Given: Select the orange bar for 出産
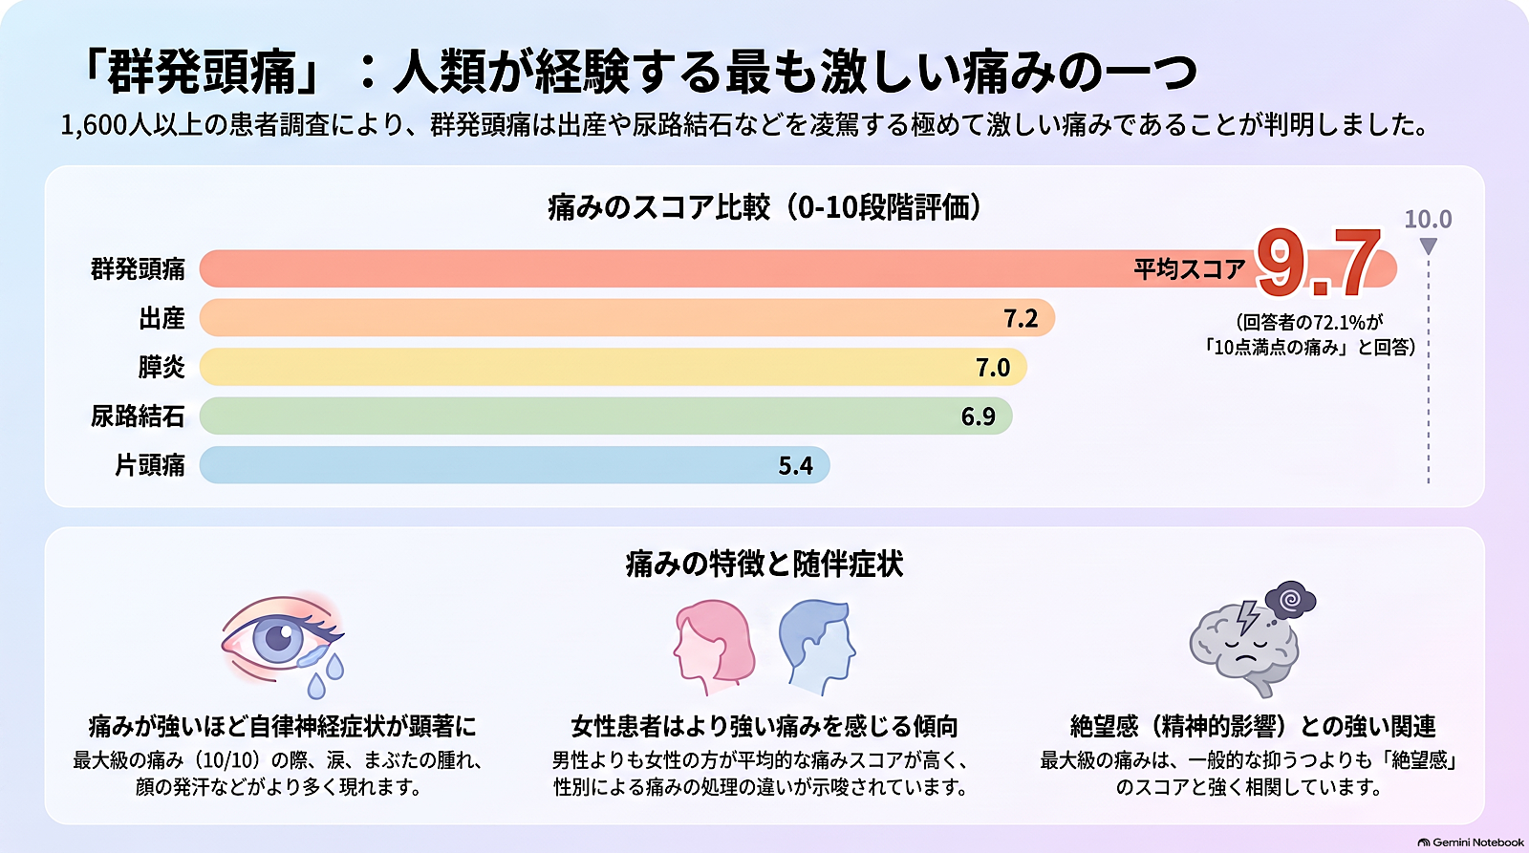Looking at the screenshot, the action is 627,317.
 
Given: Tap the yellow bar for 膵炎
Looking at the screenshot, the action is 613,367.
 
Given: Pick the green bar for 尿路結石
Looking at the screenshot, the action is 606,416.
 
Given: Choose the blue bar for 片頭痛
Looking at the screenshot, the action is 515,465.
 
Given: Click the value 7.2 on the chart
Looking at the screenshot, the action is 1021,318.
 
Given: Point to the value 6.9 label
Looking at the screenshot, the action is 979,416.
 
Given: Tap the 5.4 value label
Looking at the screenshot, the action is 795,465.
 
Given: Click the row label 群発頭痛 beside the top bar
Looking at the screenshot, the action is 138,268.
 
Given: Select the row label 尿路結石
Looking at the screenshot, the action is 138,416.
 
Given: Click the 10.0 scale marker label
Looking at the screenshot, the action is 1428,219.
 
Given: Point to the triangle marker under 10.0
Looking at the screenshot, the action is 1428,245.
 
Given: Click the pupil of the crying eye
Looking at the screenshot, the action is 278,638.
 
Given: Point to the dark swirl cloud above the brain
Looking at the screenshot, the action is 1290,601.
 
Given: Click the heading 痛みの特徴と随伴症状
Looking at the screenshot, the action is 764,565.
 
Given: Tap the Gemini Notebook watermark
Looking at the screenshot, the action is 1471,842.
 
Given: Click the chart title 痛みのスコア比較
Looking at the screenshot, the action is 659,207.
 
